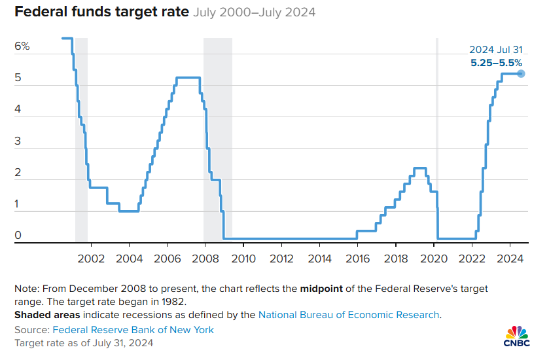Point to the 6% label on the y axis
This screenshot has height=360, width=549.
(22, 46)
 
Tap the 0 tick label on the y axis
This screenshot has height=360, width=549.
(18, 236)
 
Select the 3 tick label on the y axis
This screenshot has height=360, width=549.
(18, 141)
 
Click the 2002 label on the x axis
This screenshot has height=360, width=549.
(90, 259)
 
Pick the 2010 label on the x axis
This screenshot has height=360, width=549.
(243, 259)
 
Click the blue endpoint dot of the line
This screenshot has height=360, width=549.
(521, 73)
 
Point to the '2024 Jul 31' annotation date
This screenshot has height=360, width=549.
(495, 50)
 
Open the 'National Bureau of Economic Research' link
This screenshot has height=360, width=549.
(349, 315)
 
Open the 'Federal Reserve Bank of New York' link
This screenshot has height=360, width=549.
(133, 330)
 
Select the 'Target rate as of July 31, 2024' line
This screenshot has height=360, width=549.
(83, 342)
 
